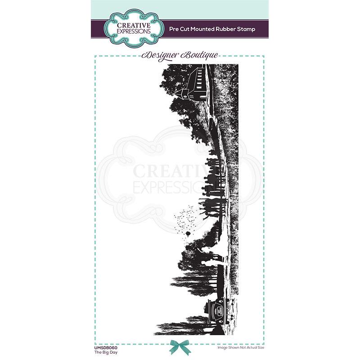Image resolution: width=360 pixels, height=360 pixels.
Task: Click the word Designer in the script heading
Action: coord(159,55)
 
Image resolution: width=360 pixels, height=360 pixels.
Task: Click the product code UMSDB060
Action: coord(107,343)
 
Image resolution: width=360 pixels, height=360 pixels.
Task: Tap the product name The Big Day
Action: coord(104,349)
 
